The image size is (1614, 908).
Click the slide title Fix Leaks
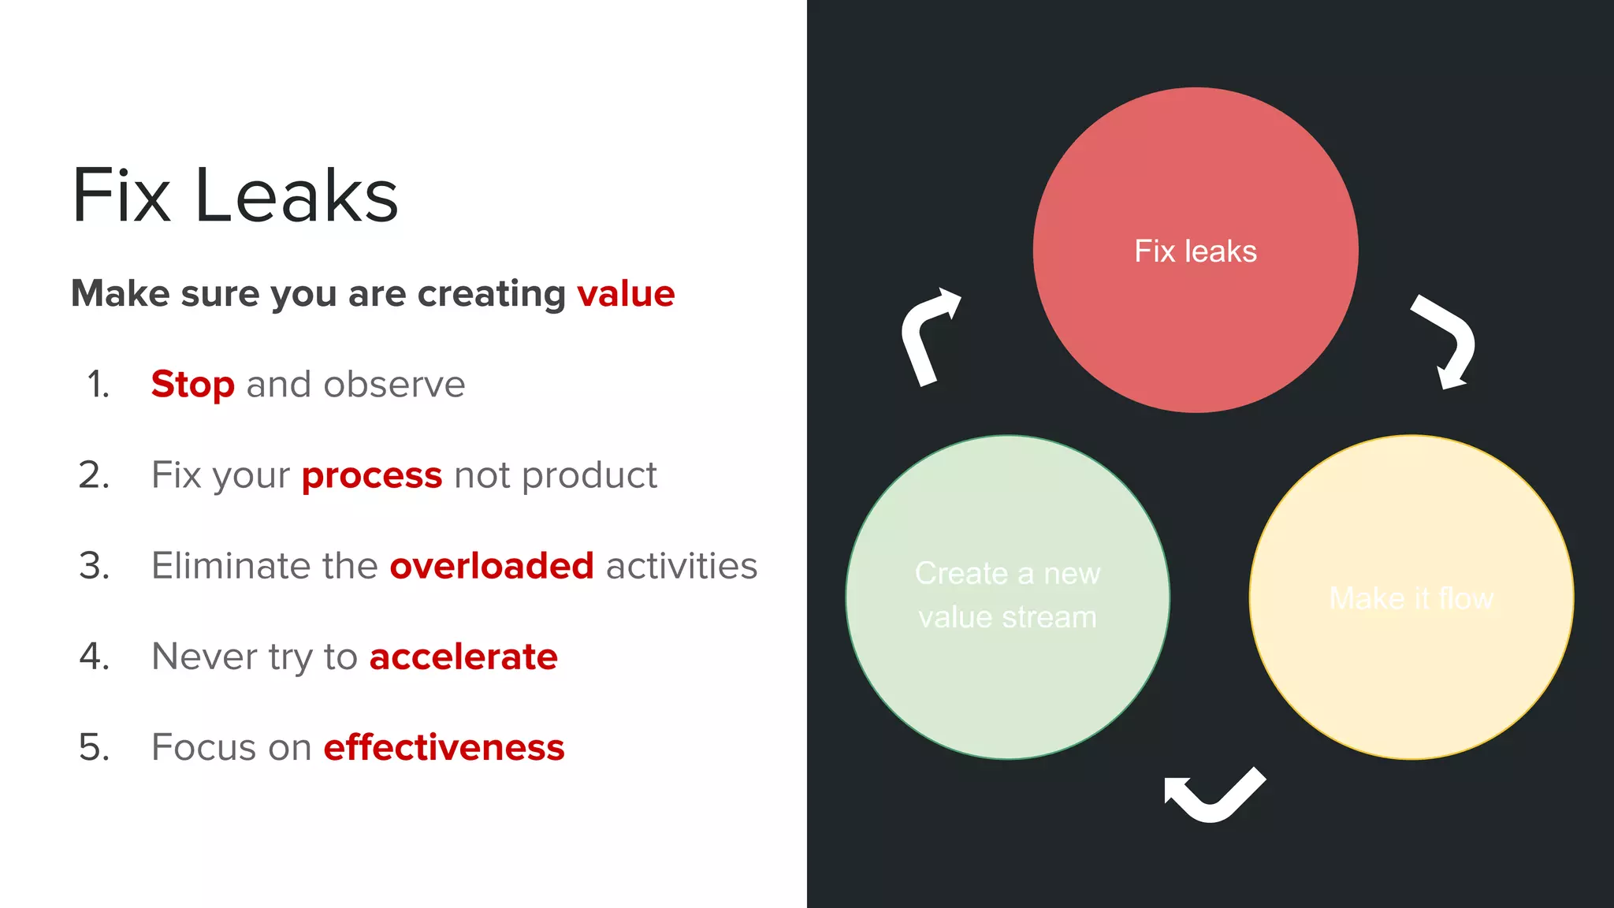click(x=235, y=195)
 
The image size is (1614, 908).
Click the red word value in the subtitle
click(x=625, y=294)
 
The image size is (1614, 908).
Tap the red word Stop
click(x=192, y=385)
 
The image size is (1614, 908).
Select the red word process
click(x=372, y=476)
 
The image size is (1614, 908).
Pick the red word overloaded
click(x=491, y=566)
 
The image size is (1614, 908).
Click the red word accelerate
click(x=463, y=657)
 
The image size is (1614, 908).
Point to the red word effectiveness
click(x=444, y=747)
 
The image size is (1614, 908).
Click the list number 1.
click(x=98, y=385)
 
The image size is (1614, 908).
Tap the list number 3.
click(x=95, y=566)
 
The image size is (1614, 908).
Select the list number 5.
click(x=95, y=747)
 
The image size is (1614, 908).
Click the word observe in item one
click(x=394, y=385)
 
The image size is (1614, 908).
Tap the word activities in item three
click(x=681, y=566)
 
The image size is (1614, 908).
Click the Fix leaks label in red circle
click(x=1195, y=251)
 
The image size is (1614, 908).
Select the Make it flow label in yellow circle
click(x=1411, y=598)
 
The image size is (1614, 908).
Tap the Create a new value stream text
click(x=1007, y=595)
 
